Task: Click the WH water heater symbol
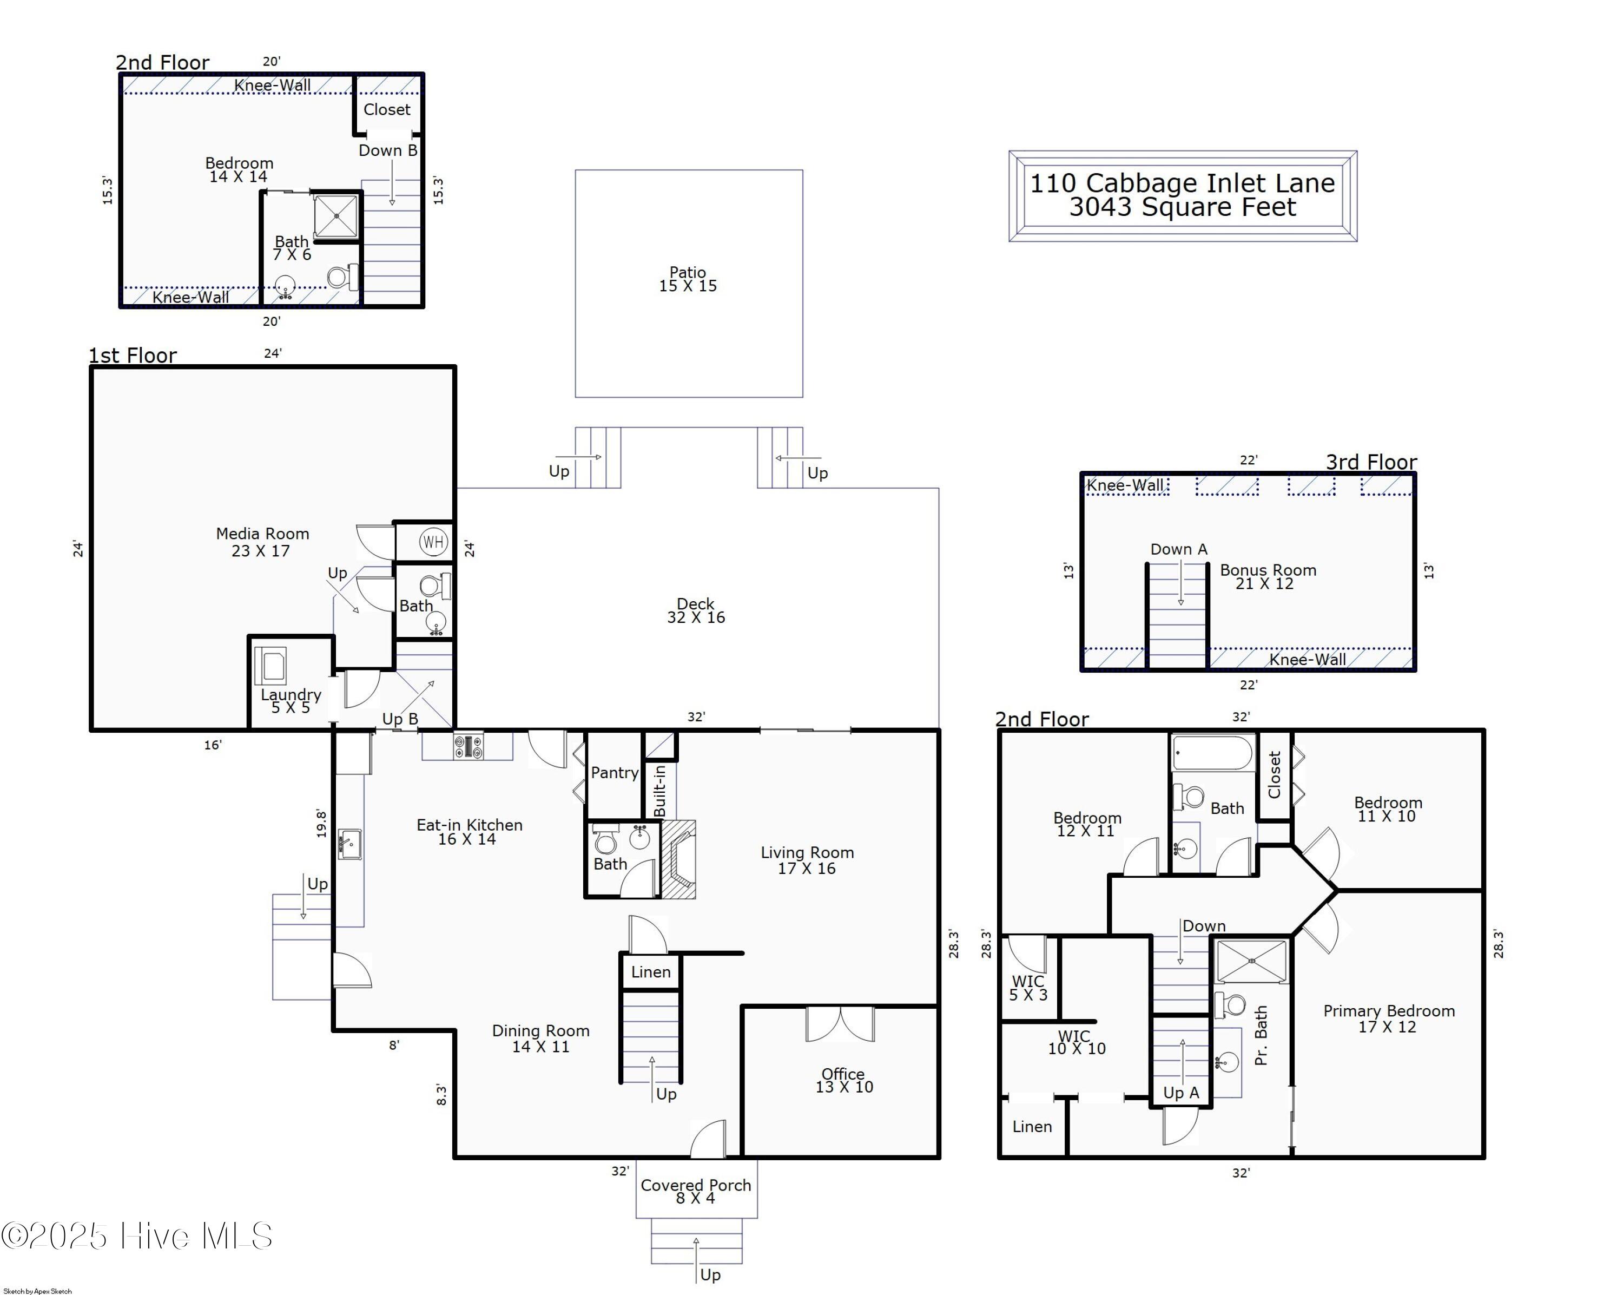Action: coord(433,541)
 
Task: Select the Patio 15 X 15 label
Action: coord(688,279)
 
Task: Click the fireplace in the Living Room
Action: coord(678,859)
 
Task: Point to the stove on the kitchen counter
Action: coord(468,746)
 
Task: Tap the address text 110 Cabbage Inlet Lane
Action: coord(1182,183)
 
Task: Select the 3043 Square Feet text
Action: coord(1183,207)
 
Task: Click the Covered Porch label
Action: coord(696,1185)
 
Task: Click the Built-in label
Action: coord(660,791)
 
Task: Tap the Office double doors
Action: coord(840,1024)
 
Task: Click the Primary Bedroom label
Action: coord(1389,1011)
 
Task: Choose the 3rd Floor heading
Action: coord(1371,462)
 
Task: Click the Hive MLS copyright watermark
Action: coord(137,1236)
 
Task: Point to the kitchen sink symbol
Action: coord(349,844)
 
